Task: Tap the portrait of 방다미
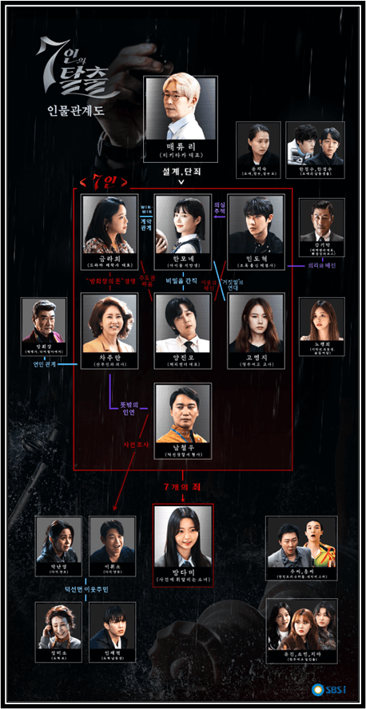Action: (x=182, y=533)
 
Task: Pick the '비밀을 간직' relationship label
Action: (x=182, y=282)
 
